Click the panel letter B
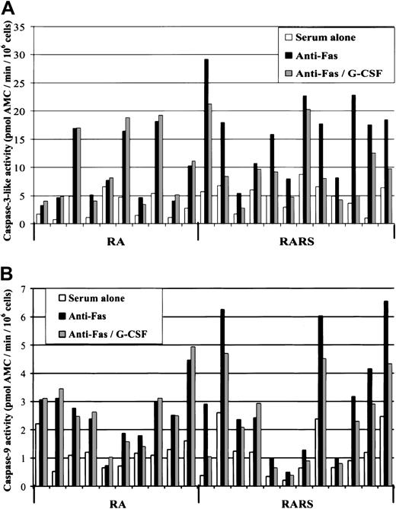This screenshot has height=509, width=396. (9, 272)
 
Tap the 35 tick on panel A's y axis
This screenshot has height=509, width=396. (23, 27)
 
